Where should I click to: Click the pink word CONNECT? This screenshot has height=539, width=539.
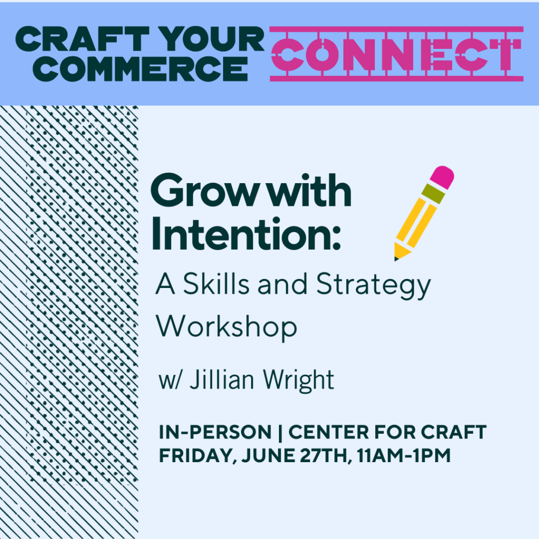click(397, 54)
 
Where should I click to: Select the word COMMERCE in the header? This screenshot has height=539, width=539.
click(140, 69)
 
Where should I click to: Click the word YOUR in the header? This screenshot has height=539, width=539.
click(213, 39)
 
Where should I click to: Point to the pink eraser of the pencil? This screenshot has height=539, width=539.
click(442, 177)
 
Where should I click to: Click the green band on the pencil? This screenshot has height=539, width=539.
click(433, 194)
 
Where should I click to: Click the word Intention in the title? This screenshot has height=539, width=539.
click(246, 234)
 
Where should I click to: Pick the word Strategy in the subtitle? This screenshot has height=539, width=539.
click(373, 285)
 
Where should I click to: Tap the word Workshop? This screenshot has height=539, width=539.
click(226, 326)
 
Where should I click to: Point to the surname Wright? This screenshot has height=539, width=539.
click(298, 381)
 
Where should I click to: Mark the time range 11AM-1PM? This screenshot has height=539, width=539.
click(404, 455)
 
